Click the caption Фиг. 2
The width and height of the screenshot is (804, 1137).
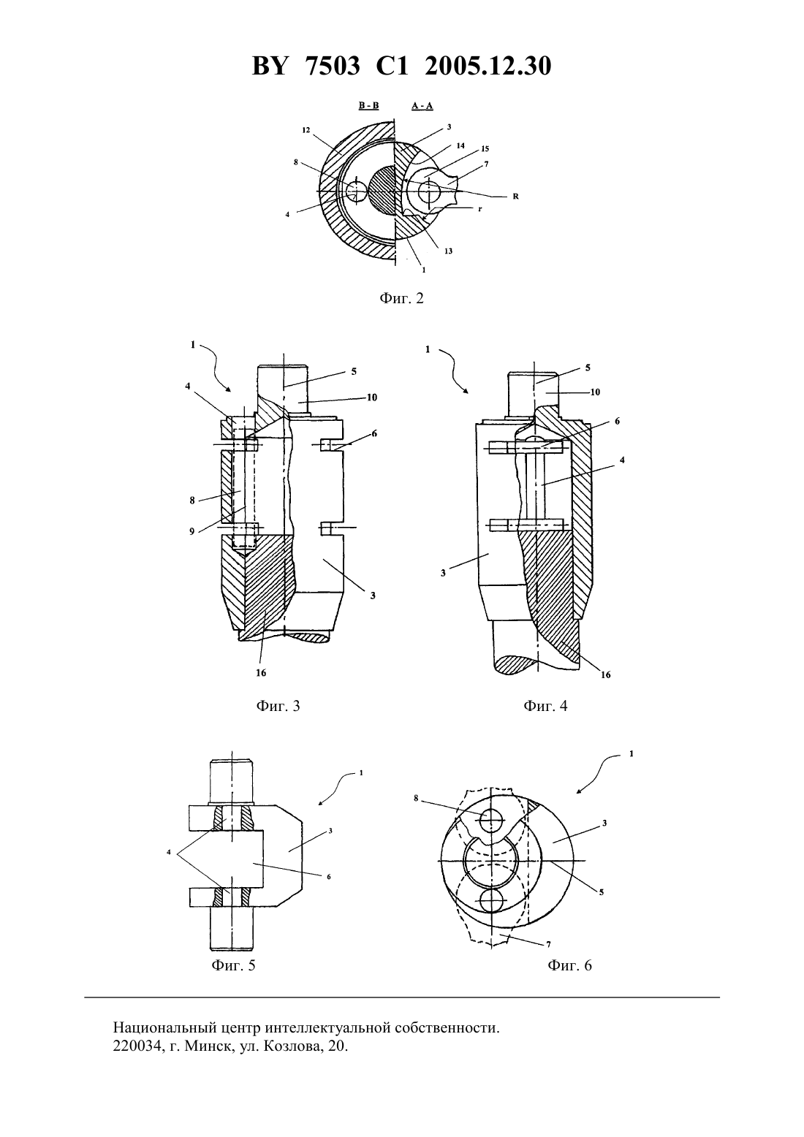(401, 298)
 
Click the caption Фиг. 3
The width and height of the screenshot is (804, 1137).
(278, 706)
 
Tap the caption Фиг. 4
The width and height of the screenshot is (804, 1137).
(545, 706)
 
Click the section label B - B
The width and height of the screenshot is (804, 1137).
(369, 105)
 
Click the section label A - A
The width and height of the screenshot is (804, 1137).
(422, 106)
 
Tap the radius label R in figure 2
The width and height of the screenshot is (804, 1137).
(516, 197)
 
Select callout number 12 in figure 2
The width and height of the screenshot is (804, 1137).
(306, 131)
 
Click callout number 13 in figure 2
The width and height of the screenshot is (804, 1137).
(448, 251)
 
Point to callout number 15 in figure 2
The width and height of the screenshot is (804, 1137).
(485, 149)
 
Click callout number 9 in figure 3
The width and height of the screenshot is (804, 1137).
(191, 532)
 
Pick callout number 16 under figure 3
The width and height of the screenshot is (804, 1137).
(261, 673)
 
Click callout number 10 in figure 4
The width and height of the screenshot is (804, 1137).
(595, 392)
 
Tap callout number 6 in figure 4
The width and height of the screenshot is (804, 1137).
(617, 422)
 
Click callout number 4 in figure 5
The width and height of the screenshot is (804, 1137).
(169, 852)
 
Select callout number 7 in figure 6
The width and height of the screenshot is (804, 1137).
(549, 945)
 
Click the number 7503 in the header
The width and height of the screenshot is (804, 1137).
(333, 66)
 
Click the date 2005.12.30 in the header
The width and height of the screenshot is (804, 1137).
(488, 66)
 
